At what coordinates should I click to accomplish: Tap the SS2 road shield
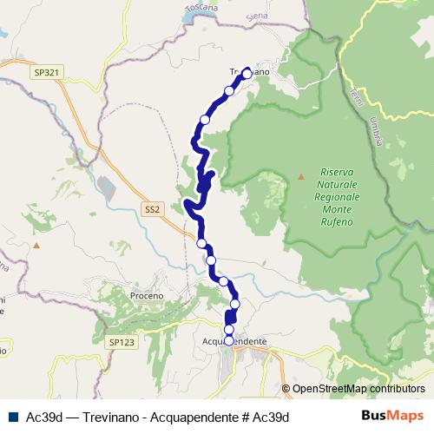click(153, 209)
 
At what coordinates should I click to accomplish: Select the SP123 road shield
click(122, 343)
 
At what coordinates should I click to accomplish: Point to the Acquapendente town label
click(233, 342)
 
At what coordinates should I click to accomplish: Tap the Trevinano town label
click(251, 72)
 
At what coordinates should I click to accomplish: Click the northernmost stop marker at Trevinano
click(247, 74)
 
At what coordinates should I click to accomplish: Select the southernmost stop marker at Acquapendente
click(228, 340)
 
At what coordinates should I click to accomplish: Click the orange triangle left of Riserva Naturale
click(301, 176)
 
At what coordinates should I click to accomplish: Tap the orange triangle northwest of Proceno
click(36, 245)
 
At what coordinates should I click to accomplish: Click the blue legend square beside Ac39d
click(10, 418)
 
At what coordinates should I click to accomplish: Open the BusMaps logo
click(392, 417)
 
